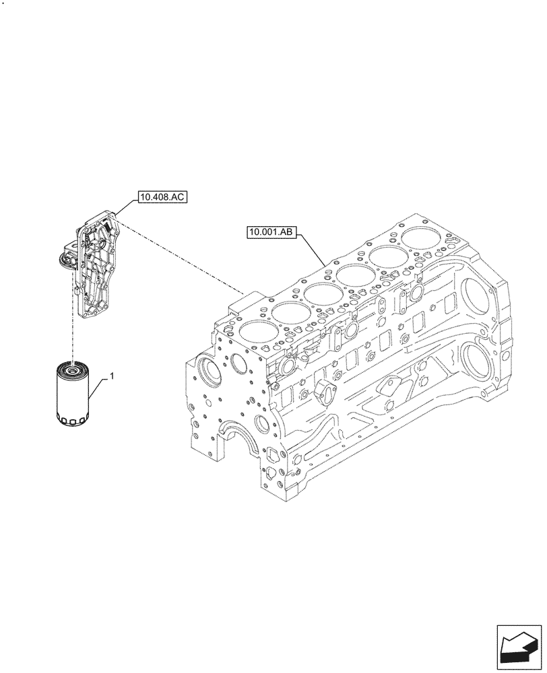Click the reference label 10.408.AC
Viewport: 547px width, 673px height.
point(162,197)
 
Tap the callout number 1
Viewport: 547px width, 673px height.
point(111,378)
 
